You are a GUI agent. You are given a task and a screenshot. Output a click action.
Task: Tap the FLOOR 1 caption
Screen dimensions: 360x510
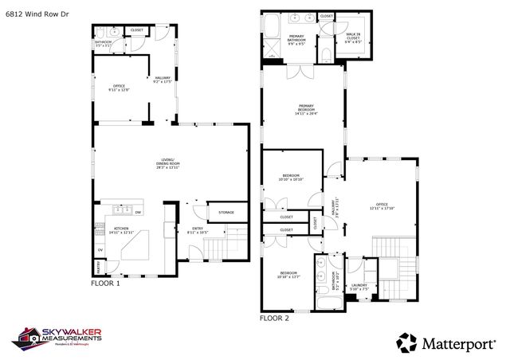[x=105, y=283]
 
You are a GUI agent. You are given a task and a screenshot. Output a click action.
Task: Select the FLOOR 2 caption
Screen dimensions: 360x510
[x=273, y=318]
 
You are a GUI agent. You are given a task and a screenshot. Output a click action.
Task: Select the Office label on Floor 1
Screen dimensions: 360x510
[x=119, y=87]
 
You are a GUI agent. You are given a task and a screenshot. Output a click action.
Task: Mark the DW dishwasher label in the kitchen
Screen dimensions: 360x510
[x=137, y=213]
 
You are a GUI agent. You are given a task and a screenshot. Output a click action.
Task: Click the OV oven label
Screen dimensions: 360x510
[x=100, y=250]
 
